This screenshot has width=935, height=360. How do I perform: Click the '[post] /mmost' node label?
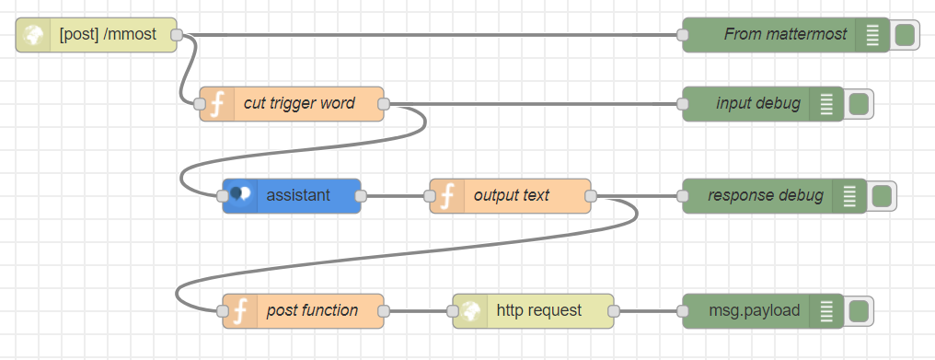point(108,35)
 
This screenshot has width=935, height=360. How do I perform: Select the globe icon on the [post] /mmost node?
point(34,35)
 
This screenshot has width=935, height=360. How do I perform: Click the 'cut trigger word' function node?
point(299,104)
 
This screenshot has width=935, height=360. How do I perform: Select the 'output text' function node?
point(511,195)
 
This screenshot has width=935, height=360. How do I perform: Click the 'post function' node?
point(312,310)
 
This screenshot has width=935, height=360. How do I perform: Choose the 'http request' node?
point(538,310)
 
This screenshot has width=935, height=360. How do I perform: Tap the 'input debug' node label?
point(757,104)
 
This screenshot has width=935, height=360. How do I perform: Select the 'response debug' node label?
point(765,195)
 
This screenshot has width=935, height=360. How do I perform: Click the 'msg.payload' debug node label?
point(753,310)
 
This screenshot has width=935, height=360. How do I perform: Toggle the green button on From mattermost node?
point(904,35)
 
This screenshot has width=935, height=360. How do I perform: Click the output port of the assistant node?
point(361,195)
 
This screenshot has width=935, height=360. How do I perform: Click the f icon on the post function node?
point(240,310)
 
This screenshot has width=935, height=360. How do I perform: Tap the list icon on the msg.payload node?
point(826,310)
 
